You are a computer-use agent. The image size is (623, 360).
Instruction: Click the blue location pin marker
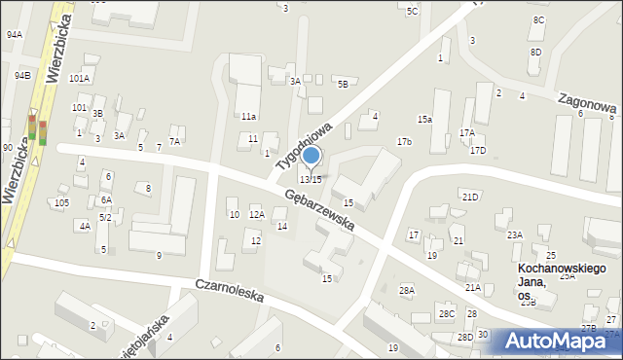click(x=311, y=156)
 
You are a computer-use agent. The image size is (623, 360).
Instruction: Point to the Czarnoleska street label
click(x=230, y=292)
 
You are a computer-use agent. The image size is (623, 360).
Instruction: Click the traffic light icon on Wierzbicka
click(x=37, y=129)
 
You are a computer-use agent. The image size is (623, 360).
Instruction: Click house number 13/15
click(x=311, y=179)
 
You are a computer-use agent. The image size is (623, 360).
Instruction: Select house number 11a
click(x=249, y=117)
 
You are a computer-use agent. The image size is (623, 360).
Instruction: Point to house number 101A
click(x=80, y=79)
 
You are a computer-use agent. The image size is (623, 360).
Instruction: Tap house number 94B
click(x=22, y=75)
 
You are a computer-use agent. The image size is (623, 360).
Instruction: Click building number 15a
click(x=424, y=120)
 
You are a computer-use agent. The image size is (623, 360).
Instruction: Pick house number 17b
click(x=404, y=142)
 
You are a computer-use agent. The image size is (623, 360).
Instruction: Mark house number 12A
click(x=257, y=214)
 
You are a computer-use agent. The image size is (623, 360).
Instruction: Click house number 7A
click(x=175, y=141)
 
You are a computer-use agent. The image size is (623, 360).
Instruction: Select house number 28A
click(x=407, y=290)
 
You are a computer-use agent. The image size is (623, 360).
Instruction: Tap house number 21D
click(x=471, y=198)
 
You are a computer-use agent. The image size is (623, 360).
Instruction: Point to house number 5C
click(x=413, y=12)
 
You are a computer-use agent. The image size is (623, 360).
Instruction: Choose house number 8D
click(x=535, y=52)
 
